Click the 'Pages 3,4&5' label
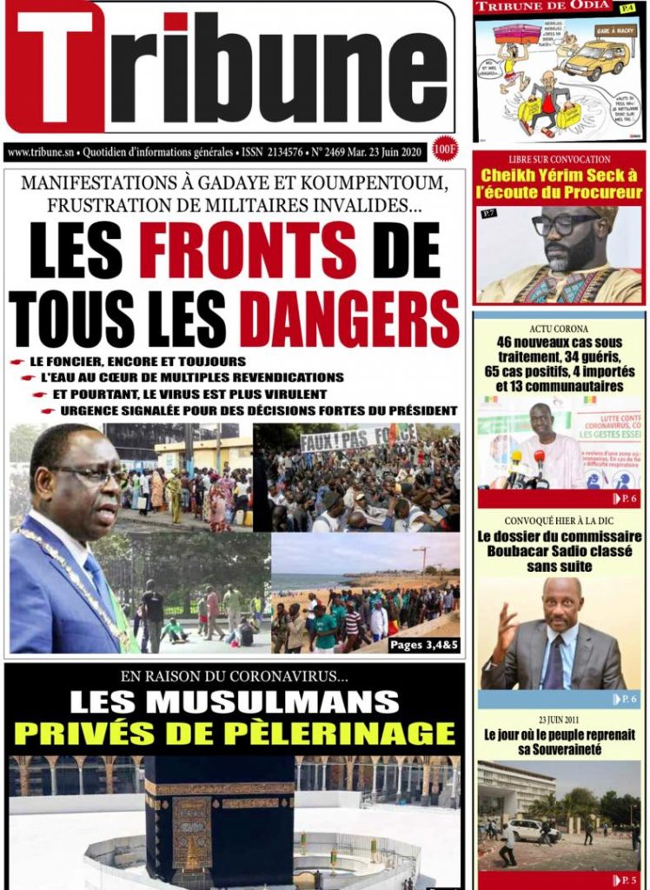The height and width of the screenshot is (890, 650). (421, 644)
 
